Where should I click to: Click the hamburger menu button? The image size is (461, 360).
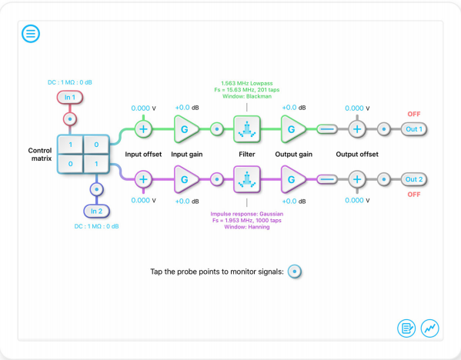[x=31, y=34]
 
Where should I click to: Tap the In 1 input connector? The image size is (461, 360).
[x=70, y=97]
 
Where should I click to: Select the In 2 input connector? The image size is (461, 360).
[x=96, y=211]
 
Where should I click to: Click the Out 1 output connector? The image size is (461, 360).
[x=414, y=129]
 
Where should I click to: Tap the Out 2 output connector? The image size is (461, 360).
[x=414, y=179]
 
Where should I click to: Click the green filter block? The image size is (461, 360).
[x=247, y=129]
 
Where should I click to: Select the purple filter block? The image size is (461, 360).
[x=247, y=179]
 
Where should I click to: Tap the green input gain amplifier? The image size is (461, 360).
[x=185, y=129]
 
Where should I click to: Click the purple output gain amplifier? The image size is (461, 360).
[x=292, y=179]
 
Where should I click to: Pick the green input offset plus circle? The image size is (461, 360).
[x=143, y=129]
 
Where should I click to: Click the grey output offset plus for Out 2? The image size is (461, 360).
[x=357, y=179]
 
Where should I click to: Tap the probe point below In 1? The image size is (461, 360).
[x=70, y=119]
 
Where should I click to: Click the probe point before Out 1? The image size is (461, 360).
[x=384, y=129]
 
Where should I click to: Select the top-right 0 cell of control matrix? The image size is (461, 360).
[x=96, y=145]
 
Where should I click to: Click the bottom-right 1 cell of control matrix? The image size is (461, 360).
[x=96, y=164]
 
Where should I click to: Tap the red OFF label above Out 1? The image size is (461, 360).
[x=414, y=114]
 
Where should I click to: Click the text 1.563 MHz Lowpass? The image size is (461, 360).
[x=247, y=83]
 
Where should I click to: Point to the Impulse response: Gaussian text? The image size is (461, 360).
[x=247, y=214]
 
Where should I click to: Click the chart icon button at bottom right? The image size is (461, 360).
[x=430, y=328]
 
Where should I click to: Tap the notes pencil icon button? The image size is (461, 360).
[x=406, y=328]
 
